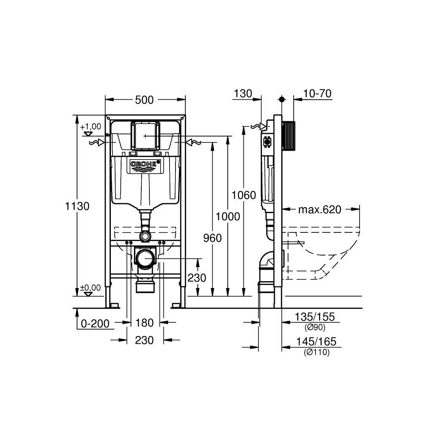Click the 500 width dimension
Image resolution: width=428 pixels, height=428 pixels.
pyautogui.click(x=145, y=100)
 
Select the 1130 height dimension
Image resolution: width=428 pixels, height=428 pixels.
pyautogui.click(x=77, y=206)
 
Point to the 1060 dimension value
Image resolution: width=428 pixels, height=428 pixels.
pyautogui.click(x=244, y=196)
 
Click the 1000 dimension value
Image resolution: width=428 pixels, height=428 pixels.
pyautogui.click(x=228, y=217)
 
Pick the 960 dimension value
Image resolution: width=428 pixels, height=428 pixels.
pyautogui.click(x=213, y=238)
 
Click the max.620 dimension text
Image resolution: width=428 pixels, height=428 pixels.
pyautogui.click(x=320, y=209)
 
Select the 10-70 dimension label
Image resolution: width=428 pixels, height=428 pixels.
pyautogui.click(x=317, y=94)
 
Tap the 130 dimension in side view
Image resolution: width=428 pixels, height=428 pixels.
pyautogui.click(x=242, y=94)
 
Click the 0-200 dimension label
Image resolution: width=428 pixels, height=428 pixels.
pyautogui.click(x=94, y=323)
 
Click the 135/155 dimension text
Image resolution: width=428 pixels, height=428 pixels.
pyautogui.click(x=315, y=317)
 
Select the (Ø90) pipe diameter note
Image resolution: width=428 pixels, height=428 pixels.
pyautogui.click(x=315, y=327)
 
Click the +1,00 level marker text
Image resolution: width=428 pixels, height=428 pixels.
pyautogui.click(x=90, y=127)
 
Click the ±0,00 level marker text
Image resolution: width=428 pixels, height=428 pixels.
pyautogui.click(x=90, y=288)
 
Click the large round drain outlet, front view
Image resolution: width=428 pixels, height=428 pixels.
pyautogui.click(x=145, y=259)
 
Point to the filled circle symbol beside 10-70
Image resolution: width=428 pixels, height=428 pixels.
pyautogui.click(x=281, y=99)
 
